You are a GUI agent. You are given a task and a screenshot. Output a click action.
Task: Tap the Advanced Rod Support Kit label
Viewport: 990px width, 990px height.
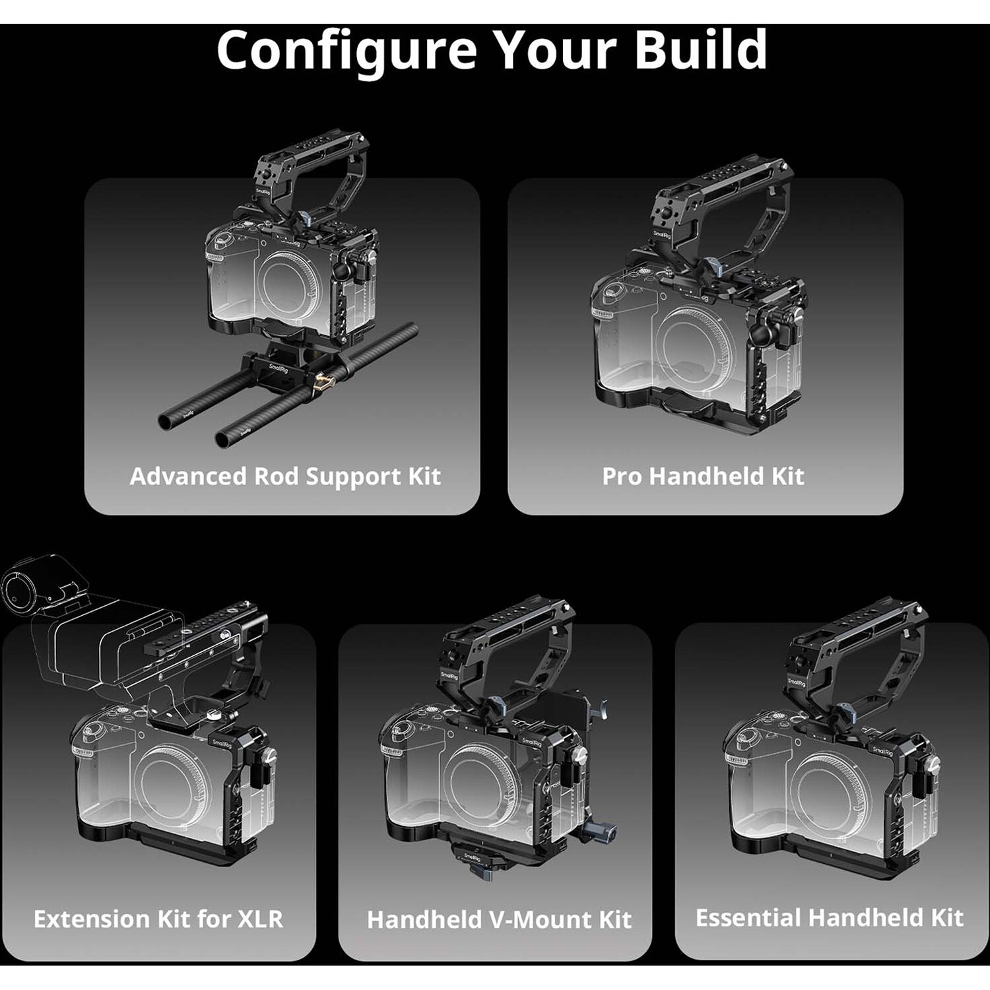tap(285, 477)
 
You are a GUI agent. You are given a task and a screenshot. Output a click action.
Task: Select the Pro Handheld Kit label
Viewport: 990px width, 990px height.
tap(703, 477)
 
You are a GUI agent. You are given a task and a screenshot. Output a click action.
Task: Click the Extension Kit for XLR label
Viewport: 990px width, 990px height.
tap(158, 919)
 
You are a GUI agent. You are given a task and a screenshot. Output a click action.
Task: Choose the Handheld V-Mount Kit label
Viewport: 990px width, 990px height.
tap(499, 919)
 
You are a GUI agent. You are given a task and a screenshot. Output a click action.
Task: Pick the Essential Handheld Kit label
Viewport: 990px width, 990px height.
tap(830, 917)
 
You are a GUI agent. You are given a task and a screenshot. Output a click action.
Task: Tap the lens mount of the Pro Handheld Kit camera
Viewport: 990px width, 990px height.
tap(702, 343)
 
